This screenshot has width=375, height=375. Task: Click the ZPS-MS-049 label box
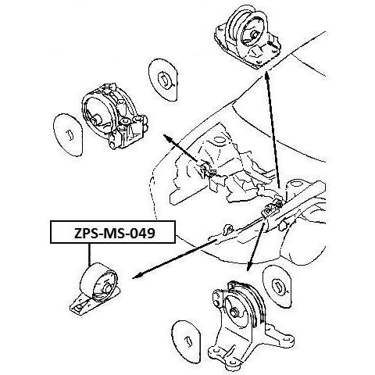112,232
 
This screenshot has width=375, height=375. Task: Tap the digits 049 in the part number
142,233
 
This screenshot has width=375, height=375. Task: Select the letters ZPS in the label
86,233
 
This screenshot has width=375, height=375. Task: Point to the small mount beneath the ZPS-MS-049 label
95,289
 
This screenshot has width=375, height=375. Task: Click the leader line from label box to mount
89,255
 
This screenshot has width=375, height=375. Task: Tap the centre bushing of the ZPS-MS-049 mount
108,288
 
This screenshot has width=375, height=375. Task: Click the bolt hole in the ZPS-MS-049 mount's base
77,308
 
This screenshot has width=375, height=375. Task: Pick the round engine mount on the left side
114,116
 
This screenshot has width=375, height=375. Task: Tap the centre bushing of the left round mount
97,119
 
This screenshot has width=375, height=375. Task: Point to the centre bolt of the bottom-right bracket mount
234,312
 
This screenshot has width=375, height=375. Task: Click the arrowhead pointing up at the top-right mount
266,77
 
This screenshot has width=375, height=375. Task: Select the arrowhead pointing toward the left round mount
168,137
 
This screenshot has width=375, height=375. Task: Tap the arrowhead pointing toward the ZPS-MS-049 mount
137,276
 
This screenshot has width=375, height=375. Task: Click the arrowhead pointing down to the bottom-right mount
249,266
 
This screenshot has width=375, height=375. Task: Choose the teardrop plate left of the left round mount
68,134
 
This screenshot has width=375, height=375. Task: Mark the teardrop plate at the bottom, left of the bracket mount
186,341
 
